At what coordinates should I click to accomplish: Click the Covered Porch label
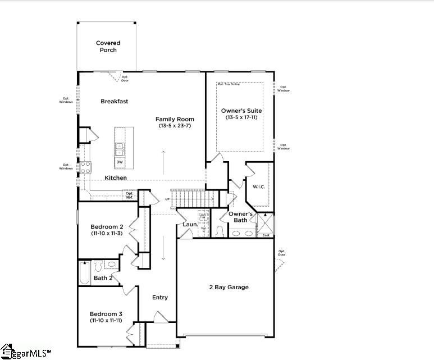tap(108, 47)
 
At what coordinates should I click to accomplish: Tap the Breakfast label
tap(115, 102)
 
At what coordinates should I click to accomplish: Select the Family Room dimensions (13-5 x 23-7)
tap(175, 126)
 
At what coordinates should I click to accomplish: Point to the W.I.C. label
tap(259, 187)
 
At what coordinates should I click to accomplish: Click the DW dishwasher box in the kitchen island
tap(120, 162)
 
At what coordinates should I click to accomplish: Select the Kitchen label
tap(116, 178)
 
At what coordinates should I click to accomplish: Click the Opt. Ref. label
tap(129, 195)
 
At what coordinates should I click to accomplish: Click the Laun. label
tap(190, 225)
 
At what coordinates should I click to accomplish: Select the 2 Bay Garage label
tap(229, 288)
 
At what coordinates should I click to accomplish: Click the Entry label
tap(159, 298)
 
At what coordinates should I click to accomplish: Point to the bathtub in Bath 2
tap(84, 273)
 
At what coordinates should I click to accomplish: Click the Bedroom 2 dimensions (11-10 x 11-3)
tap(107, 233)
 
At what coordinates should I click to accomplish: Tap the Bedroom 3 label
tap(106, 314)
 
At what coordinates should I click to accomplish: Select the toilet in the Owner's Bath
tap(220, 231)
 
